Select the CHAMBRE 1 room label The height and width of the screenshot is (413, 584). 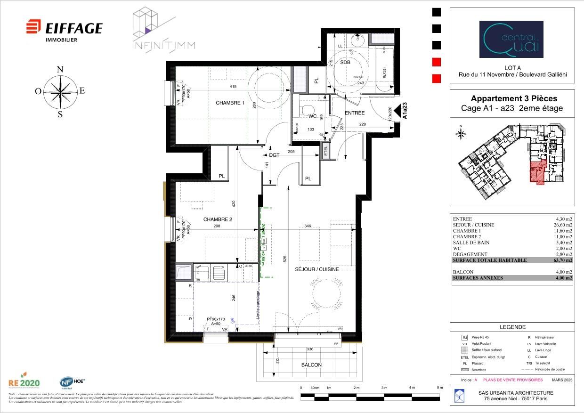[x=230, y=103]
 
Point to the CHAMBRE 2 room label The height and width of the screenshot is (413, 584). [x=218, y=219]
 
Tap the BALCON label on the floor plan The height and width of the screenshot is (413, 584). [x=311, y=365]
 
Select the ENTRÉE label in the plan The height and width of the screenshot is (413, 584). [x=355, y=113]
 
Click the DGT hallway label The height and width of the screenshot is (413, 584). [x=274, y=155]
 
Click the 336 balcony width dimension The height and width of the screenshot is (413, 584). [x=310, y=349]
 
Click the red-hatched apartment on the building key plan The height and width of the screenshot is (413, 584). [x=538, y=171]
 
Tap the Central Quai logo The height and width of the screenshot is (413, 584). [x=511, y=39]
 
